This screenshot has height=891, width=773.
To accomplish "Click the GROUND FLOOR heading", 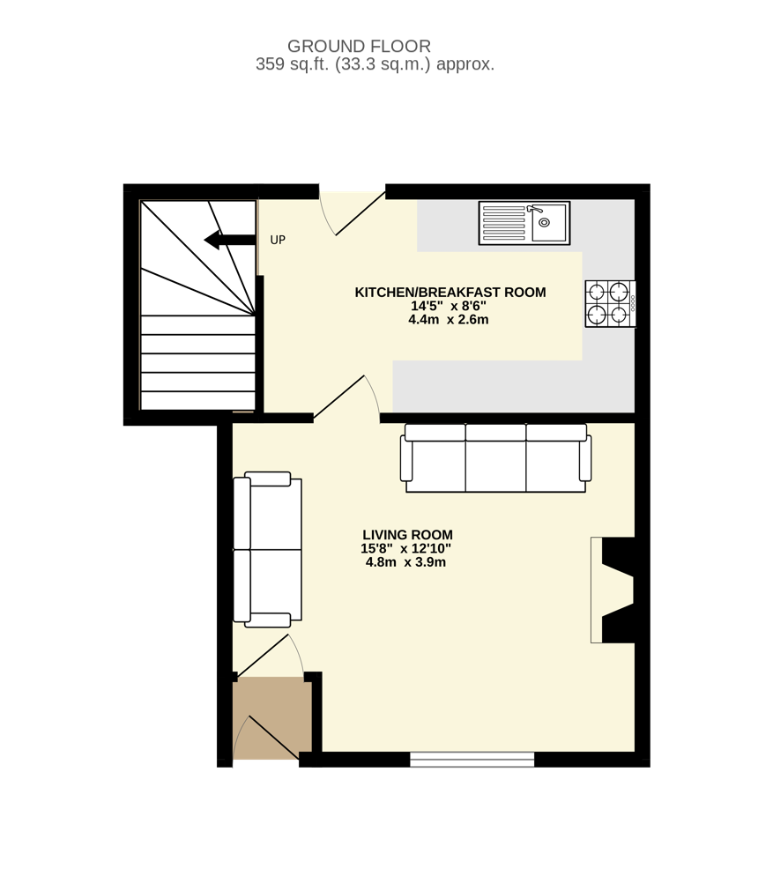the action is [359, 46].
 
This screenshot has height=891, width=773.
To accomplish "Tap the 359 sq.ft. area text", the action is [375, 64].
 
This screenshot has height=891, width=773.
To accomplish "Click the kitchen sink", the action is [524, 223].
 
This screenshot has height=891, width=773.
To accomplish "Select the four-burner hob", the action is [611, 303].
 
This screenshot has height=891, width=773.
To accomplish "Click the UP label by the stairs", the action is [278, 240].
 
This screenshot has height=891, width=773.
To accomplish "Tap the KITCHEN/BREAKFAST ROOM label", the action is [450, 292].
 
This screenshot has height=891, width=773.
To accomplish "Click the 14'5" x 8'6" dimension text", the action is [449, 306].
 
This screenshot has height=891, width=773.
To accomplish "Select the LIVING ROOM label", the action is [407, 535].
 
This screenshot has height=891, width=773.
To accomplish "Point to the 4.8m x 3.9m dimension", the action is [405, 562].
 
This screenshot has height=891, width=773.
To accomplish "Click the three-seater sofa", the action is [495, 458].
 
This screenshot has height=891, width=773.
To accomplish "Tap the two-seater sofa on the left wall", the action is [267, 549].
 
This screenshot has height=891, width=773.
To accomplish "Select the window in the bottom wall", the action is [472, 759].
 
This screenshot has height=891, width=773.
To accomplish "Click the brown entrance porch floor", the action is [271, 718].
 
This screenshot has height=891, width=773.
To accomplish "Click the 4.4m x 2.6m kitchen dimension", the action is [449, 319].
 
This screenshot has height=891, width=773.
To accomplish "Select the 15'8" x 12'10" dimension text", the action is [405, 549].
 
